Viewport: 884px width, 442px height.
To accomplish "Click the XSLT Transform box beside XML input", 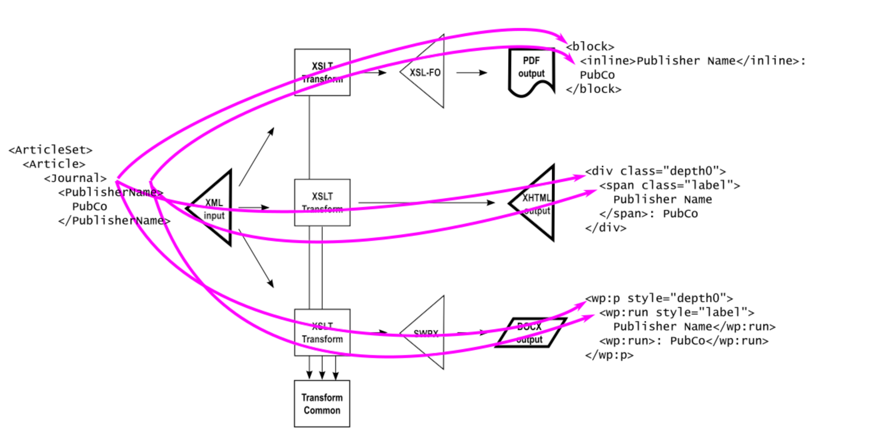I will pos(322,203).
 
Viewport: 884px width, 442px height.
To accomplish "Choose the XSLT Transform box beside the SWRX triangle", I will pos(322,332).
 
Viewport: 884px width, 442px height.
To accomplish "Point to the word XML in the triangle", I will pos(214,203).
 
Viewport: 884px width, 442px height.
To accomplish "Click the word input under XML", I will pos(214,215).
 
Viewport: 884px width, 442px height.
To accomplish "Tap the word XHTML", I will pos(537,198).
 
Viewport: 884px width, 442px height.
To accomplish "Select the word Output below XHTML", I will pos(537,211).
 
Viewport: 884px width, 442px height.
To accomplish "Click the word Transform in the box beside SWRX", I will pos(322,339).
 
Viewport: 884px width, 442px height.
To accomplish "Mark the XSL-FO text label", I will pos(425,72).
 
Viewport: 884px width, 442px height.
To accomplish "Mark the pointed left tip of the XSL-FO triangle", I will pos(401,72).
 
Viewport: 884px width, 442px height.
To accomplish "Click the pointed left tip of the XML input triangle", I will pos(190,207).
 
